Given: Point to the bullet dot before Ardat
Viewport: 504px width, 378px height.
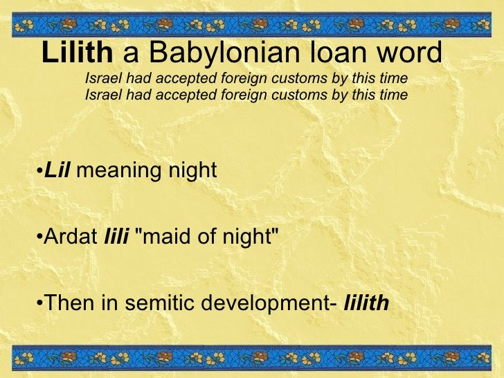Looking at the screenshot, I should [39, 238].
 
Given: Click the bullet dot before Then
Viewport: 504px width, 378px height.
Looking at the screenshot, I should [39, 304].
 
